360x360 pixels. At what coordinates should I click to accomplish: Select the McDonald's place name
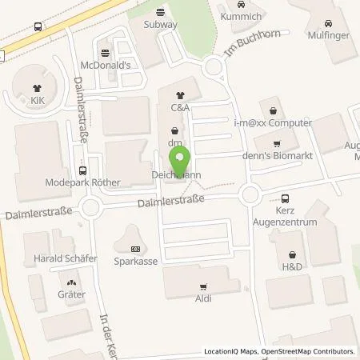(105, 65)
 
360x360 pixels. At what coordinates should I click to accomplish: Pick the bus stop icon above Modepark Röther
(84, 170)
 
